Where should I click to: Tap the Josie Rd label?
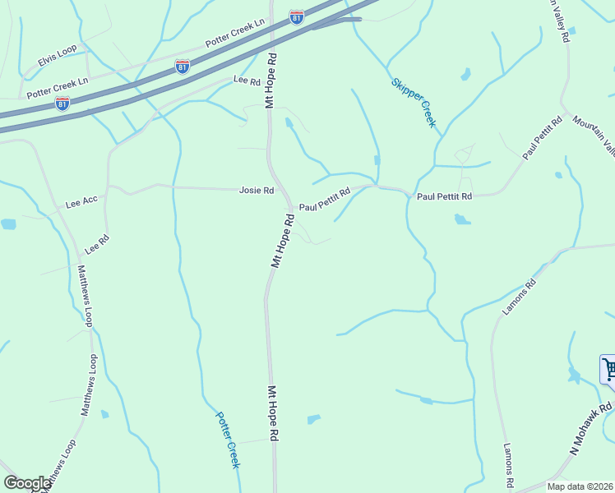click(256, 190)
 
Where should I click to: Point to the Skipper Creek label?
click(414, 103)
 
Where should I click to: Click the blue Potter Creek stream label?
click(228, 440)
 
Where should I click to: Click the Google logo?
click(27, 483)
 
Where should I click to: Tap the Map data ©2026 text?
click(580, 486)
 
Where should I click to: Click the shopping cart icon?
click(609, 368)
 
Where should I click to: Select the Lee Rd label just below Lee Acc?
click(97, 244)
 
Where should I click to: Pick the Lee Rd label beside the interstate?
click(247, 81)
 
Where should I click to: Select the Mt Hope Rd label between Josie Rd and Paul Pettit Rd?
click(282, 241)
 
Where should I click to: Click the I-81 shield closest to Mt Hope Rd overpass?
click(297, 16)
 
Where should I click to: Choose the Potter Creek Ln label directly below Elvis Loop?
click(58, 89)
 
